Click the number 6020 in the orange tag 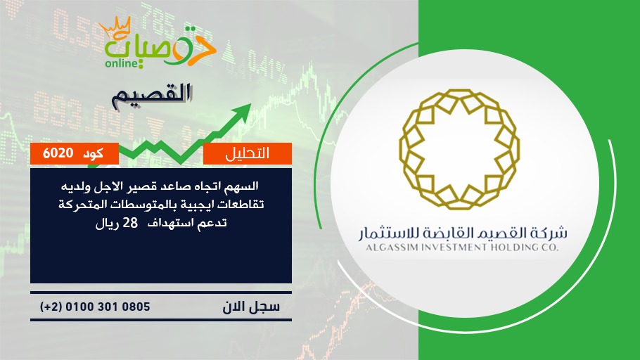coord(58,153)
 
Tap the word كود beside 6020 coord(93,153)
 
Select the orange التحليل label coord(248,153)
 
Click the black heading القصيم coord(152,96)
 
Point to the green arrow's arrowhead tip coord(251,104)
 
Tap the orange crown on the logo coord(115,27)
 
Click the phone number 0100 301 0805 coord(108,307)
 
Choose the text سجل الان coord(251,307)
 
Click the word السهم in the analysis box coord(244,186)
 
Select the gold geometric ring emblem coord(459,149)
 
